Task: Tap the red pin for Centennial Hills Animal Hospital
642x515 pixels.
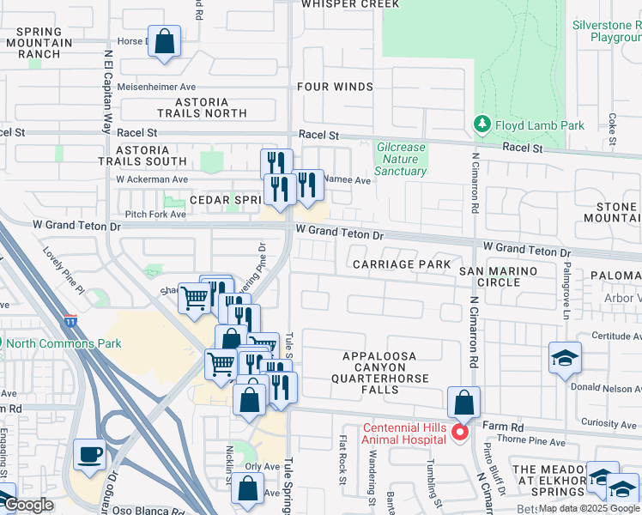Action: click(459, 432)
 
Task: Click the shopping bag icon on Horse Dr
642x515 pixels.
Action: click(165, 41)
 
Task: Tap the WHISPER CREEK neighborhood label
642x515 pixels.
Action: click(349, 4)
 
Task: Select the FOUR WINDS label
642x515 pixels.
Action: click(335, 87)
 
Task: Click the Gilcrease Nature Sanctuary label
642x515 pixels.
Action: click(401, 159)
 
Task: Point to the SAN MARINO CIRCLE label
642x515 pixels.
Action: click(498, 276)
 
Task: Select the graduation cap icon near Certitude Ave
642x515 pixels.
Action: click(565, 358)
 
